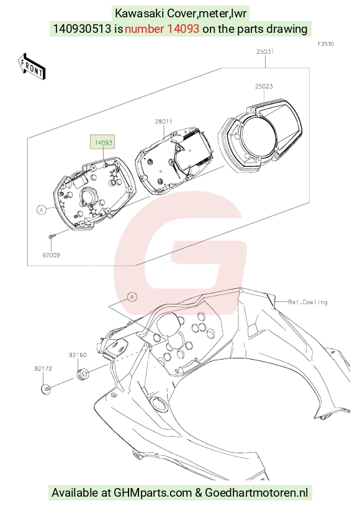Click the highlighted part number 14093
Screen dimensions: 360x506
point(103,143)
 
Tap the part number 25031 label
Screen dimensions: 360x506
point(265,51)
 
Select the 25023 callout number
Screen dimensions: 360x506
point(264,86)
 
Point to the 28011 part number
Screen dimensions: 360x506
point(164,122)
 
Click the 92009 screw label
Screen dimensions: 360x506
point(51,255)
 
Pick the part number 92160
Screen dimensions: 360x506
point(78,355)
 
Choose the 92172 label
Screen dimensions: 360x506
point(43,368)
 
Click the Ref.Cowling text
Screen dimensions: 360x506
point(308,302)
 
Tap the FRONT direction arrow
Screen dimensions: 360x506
point(32,66)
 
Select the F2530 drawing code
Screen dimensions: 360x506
point(326,44)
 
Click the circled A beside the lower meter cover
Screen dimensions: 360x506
point(42,210)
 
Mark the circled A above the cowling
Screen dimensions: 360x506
point(132,297)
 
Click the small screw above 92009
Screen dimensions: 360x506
point(52,236)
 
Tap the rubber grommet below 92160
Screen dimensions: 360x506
point(83,374)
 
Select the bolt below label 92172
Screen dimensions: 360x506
point(47,389)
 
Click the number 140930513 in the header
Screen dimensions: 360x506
point(82,29)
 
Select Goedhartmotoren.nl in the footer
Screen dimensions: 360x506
point(256,493)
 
